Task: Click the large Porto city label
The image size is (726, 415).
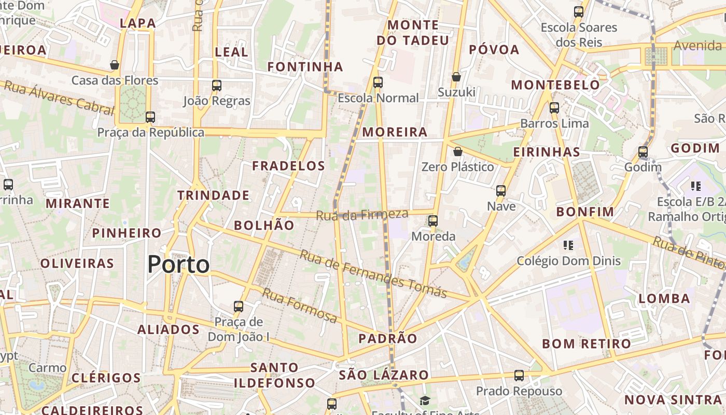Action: pyautogui.click(x=178, y=265)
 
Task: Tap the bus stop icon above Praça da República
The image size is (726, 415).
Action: pyautogui.click(x=150, y=117)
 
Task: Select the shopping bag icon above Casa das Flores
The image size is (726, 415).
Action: pyautogui.click(x=115, y=65)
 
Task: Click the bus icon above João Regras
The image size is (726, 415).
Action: pyautogui.click(x=217, y=86)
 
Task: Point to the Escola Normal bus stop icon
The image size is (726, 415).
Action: pyautogui.click(x=378, y=82)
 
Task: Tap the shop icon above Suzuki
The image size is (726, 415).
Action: pyautogui.click(x=456, y=77)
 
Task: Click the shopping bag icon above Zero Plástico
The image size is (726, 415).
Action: pyautogui.click(x=457, y=151)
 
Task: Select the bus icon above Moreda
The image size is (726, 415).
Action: pyautogui.click(x=432, y=221)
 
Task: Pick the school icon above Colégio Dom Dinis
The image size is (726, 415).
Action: pyautogui.click(x=568, y=245)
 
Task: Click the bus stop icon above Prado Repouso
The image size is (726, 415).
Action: pyautogui.click(x=519, y=376)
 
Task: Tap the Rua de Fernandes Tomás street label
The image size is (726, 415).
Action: pyautogui.click(x=373, y=274)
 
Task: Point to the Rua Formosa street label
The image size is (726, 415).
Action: pyautogui.click(x=299, y=305)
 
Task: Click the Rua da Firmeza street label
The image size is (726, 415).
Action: pyautogui.click(x=362, y=215)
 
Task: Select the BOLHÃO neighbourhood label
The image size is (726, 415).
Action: pyautogui.click(x=264, y=225)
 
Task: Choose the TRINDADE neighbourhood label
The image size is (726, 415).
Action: pyautogui.click(x=213, y=196)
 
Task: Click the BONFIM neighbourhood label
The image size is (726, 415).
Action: pyautogui.click(x=585, y=212)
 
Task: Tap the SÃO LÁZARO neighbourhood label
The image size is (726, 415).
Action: pyautogui.click(x=384, y=375)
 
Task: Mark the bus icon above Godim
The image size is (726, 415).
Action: pyautogui.click(x=643, y=152)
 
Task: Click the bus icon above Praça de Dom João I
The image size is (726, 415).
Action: pyautogui.click(x=239, y=306)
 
